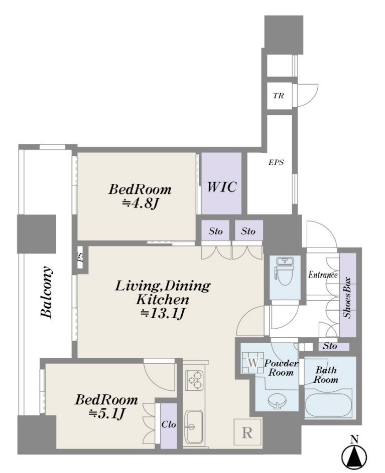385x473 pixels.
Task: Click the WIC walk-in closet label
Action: click(221, 187)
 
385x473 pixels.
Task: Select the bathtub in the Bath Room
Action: click(328, 403)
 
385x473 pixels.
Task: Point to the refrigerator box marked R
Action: click(247, 432)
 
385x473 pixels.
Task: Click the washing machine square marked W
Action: click(253, 363)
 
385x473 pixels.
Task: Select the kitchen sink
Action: click(195, 426)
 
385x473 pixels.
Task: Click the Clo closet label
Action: click(169, 424)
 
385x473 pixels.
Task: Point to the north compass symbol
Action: click(354, 453)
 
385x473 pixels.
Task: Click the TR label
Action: click(278, 96)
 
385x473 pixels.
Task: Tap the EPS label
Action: click(277, 162)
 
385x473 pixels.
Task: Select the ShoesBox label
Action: click(347, 298)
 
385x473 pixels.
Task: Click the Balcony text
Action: click(47, 292)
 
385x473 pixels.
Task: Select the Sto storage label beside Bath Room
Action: click(330, 346)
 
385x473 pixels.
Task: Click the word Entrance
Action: click(323, 275)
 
